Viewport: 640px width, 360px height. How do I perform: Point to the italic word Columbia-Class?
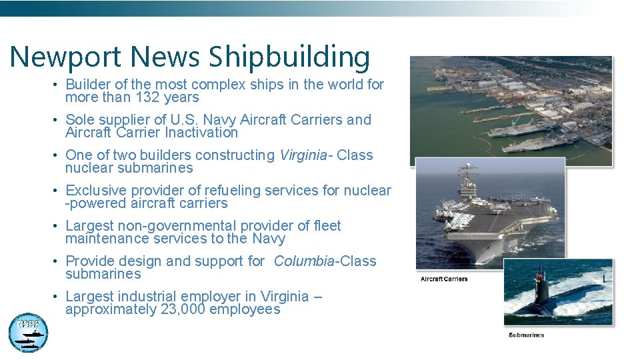[x=325, y=261]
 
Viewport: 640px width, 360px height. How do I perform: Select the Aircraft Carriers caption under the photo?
[x=444, y=279]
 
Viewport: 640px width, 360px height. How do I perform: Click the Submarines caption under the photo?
[x=526, y=335]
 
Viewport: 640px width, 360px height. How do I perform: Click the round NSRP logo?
[x=28, y=332]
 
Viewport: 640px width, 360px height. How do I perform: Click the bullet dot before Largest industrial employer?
[x=58, y=297]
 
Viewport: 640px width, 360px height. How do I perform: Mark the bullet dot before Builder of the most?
[x=58, y=85]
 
